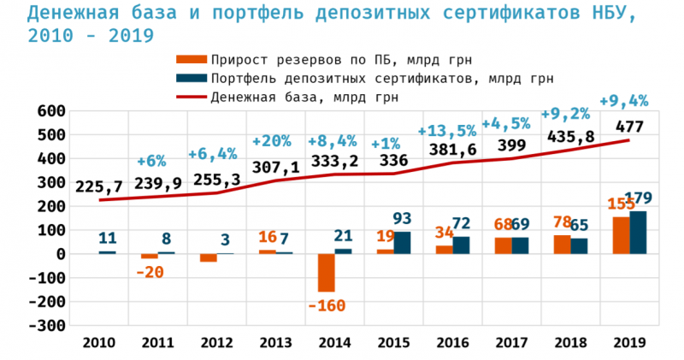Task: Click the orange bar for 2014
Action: click(x=326, y=273)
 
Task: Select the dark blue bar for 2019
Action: click(x=638, y=233)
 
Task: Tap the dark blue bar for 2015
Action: click(x=401, y=243)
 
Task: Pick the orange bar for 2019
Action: click(x=622, y=235)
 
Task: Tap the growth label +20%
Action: click(x=272, y=141)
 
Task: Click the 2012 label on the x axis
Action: click(x=217, y=342)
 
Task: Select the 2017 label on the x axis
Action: click(x=511, y=342)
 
